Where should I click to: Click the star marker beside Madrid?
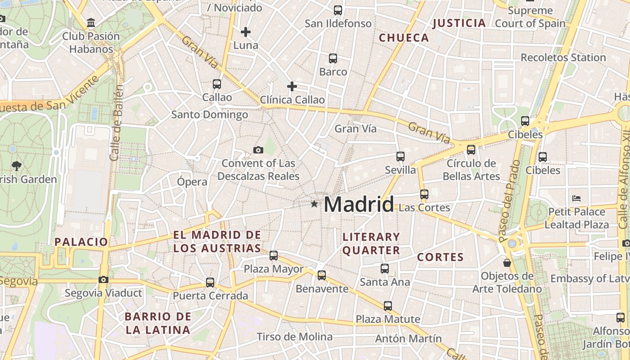(314, 204)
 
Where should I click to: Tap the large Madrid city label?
(359, 204)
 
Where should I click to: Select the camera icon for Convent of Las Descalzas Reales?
(258, 150)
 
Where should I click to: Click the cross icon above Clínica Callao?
(292, 86)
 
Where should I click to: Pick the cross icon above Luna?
(246, 31)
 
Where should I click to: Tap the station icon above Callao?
(217, 84)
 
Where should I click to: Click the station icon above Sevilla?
(400, 156)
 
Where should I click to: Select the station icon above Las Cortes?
(424, 194)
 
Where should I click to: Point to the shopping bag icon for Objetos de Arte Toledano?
(507, 262)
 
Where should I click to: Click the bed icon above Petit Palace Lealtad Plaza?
(576, 198)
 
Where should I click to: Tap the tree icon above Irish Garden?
(17, 166)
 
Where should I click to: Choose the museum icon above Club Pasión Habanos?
(91, 22)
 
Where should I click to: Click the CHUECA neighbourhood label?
(404, 38)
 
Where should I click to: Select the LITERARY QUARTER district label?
(371, 243)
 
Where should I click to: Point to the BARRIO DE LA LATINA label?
(157, 323)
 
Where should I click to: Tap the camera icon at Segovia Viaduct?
(103, 279)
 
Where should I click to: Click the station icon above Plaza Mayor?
(274, 256)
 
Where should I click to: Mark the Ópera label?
(192, 182)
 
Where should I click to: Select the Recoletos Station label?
(563, 58)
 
